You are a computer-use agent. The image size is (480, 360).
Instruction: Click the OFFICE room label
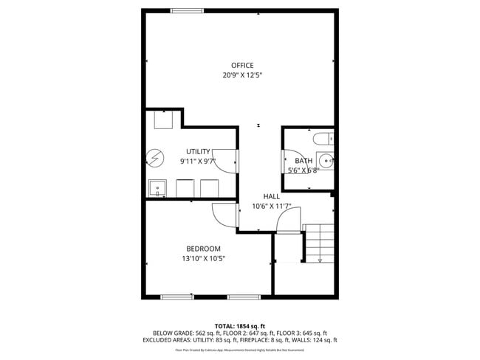242,66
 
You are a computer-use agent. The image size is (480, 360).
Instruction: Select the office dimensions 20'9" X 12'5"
242,75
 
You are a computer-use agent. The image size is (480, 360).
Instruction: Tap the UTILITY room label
198,151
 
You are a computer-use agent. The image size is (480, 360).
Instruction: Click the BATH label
304,161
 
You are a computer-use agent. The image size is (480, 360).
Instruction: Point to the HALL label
272,197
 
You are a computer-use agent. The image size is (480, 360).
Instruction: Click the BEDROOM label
203,249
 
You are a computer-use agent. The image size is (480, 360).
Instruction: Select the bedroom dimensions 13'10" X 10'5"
203,258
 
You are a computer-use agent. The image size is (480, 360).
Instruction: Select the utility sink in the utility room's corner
157,189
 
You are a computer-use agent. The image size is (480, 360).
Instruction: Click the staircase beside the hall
318,243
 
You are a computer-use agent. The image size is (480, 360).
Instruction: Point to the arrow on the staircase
320,258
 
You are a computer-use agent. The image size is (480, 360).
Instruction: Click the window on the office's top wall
187,10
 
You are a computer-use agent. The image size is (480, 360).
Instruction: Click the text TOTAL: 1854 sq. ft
239,325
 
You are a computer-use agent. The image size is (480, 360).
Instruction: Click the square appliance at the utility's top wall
163,120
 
